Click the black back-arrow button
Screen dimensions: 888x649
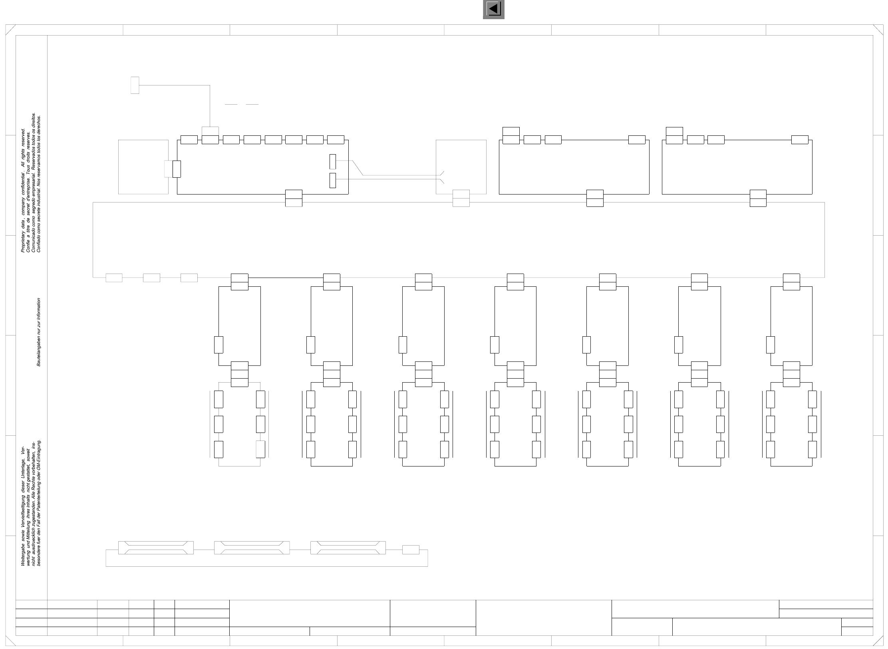[x=494, y=9]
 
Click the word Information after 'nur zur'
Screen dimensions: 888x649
[x=38, y=310]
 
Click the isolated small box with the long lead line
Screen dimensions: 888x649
[x=135, y=85]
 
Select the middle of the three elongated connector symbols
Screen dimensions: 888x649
[x=252, y=548]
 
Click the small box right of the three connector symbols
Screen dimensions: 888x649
[x=411, y=550]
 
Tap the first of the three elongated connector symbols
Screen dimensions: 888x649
[x=156, y=548]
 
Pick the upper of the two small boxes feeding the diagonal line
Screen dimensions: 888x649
[x=333, y=161]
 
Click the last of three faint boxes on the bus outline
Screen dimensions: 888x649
[x=189, y=278]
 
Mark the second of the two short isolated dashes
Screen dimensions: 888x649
[x=252, y=105]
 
